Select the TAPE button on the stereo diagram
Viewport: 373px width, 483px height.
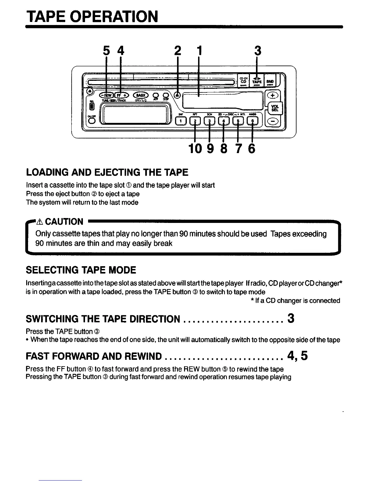click(x=257, y=81)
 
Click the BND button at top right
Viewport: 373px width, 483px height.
click(x=270, y=81)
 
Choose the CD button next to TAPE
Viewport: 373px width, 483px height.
click(x=243, y=81)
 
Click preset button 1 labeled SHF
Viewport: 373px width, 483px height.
click(x=181, y=121)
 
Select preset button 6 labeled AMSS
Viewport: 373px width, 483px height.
click(x=252, y=121)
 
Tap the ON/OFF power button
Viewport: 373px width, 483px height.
click(x=91, y=121)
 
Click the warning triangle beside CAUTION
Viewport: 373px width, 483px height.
click(x=39, y=221)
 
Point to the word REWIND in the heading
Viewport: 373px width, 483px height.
click(x=140, y=356)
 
